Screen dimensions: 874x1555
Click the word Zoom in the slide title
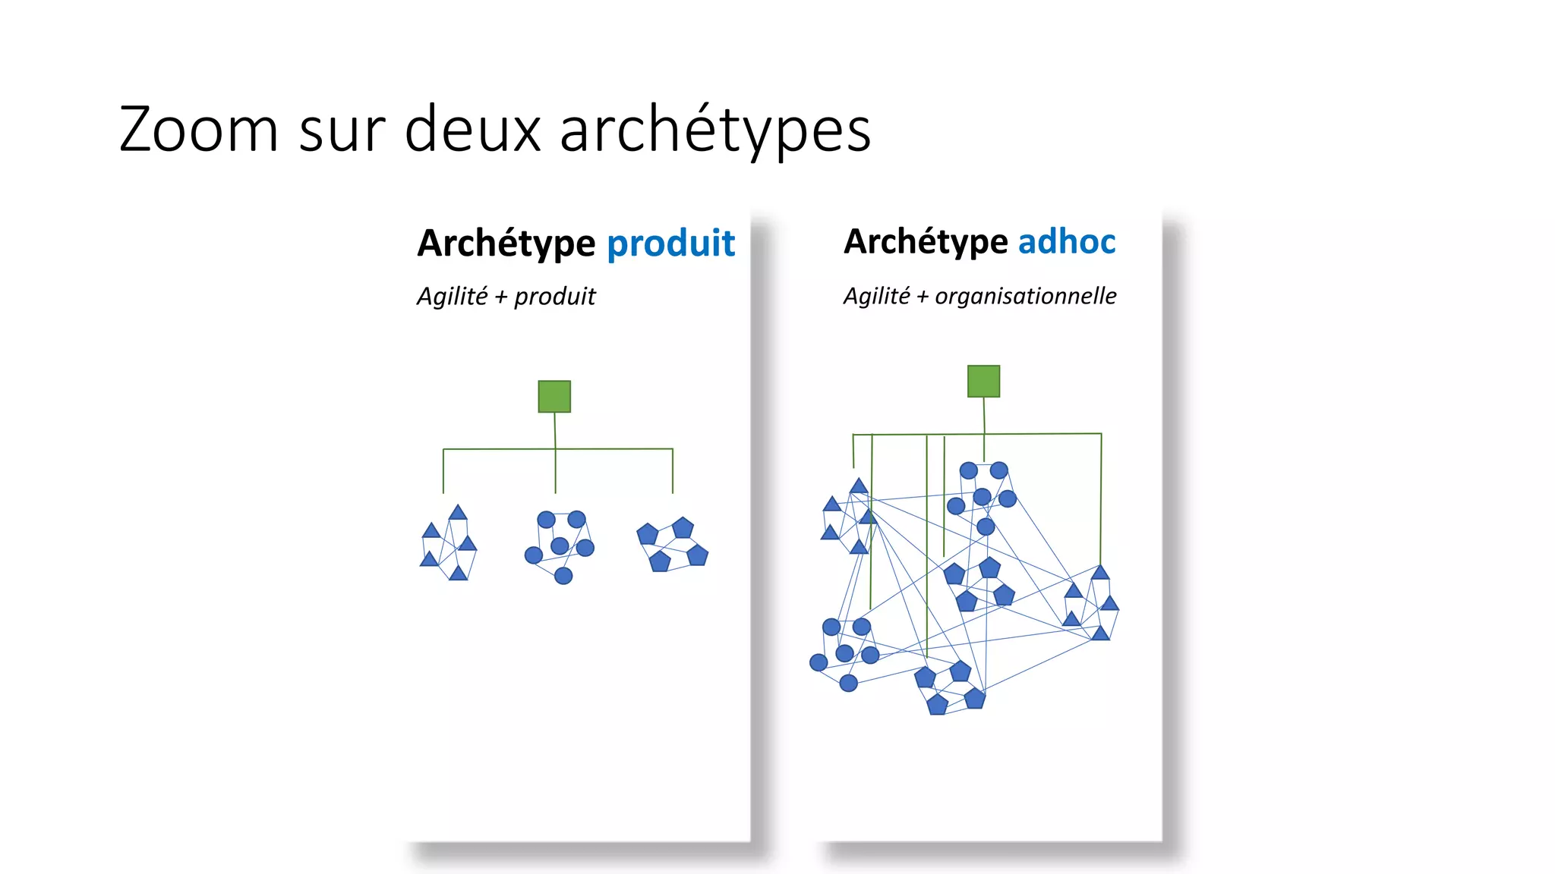coord(199,130)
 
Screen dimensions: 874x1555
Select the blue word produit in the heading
coord(670,244)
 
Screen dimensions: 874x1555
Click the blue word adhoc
coord(1066,242)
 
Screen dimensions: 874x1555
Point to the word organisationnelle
coord(1025,296)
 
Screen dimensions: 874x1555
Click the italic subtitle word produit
coord(554,296)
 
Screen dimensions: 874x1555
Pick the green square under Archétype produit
coord(554,397)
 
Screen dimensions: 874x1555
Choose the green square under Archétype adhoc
coord(983,381)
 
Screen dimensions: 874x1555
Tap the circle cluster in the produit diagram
coord(560,545)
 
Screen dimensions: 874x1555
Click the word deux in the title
coord(472,130)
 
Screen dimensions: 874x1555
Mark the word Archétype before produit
coord(506,244)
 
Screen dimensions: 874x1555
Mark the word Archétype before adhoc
coord(926,242)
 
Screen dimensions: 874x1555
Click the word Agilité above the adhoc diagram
coord(876,296)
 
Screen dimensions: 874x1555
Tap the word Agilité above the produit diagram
coord(453,296)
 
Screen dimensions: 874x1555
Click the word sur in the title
coord(341,130)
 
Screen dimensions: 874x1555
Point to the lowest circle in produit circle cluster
coord(563,576)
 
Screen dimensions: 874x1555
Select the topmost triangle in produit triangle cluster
coord(458,513)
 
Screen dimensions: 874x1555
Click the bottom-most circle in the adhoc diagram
coord(849,684)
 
